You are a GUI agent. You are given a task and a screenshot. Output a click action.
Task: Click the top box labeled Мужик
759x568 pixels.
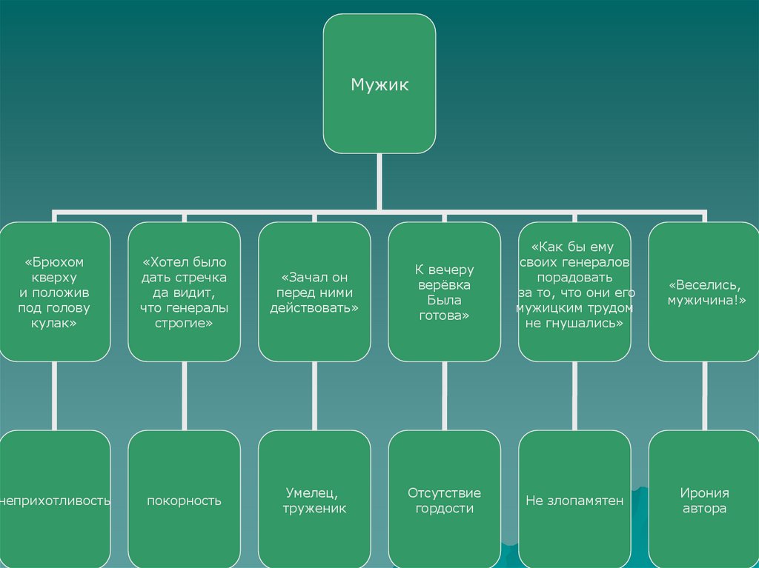point(379,84)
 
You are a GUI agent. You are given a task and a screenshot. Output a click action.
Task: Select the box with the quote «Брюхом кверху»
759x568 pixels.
point(54,292)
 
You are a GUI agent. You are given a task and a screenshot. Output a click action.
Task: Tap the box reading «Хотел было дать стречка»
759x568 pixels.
point(185,292)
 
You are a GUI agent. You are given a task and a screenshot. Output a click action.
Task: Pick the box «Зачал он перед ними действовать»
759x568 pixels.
point(314,292)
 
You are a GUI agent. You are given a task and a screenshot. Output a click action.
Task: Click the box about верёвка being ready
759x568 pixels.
point(445,292)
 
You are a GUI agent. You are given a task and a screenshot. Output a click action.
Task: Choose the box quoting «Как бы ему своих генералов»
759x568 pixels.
point(574,292)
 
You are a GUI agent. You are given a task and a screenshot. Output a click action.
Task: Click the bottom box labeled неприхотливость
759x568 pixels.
point(54,501)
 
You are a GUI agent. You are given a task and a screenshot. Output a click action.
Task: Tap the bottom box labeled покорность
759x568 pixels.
point(185,501)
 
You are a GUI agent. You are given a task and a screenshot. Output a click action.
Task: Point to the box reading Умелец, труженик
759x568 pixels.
point(314,501)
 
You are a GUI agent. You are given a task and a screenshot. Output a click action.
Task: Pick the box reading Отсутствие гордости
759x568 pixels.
point(445,501)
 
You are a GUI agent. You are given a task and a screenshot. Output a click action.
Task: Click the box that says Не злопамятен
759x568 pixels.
point(574,501)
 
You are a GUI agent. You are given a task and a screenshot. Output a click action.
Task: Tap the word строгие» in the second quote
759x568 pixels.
point(185,324)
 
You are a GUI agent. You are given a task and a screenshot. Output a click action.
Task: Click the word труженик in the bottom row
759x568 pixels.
point(314,509)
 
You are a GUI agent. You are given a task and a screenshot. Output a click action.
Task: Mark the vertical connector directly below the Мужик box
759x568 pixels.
point(379,181)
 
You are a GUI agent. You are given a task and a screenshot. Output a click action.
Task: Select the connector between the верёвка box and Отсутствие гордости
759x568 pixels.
point(445,395)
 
